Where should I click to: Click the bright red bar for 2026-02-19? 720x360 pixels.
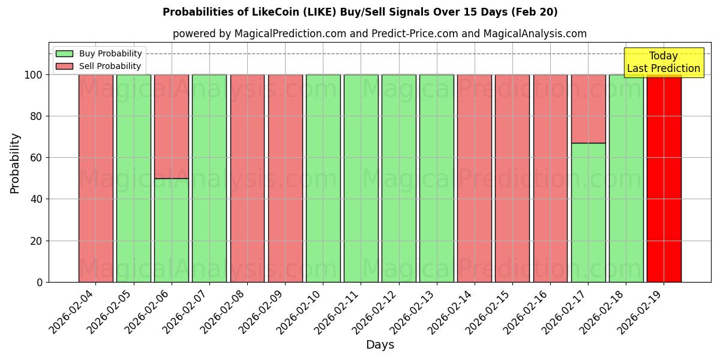pos(664,180)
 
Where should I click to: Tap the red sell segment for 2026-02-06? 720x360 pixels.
pos(171,126)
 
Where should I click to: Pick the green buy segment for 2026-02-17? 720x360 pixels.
pos(588,212)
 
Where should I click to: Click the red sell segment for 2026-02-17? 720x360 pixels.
pos(588,109)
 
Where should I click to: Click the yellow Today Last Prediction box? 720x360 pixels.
pos(663,62)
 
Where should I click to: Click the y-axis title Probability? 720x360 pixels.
pos(15,163)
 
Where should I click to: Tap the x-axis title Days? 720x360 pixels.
pos(380,345)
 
